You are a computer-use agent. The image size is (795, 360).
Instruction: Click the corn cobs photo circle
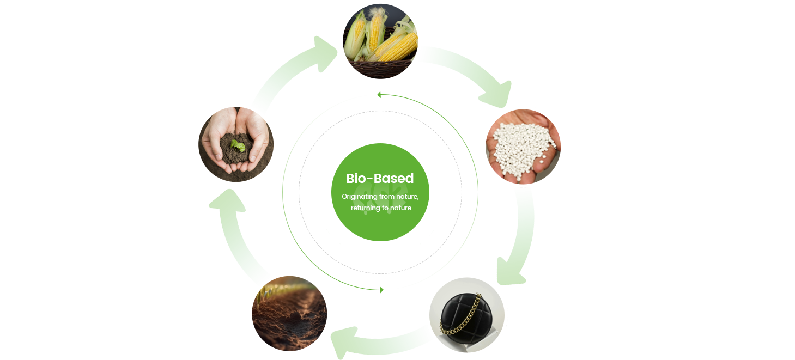click(380, 41)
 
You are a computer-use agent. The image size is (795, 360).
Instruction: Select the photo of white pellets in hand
click(523, 147)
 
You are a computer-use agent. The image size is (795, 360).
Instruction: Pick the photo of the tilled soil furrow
click(289, 314)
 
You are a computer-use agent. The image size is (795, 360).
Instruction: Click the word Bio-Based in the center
click(380, 179)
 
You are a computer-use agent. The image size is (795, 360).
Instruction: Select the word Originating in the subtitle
click(360, 197)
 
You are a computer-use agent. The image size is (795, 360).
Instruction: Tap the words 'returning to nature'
click(381, 208)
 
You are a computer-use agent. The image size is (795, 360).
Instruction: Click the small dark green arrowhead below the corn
click(379, 95)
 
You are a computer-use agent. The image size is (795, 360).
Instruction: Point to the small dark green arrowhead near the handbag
click(381, 290)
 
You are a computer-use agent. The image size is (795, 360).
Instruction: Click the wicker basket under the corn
click(380, 68)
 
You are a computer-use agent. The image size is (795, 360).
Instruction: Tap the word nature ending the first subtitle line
click(408, 197)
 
